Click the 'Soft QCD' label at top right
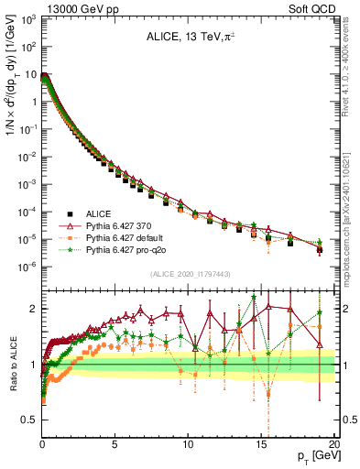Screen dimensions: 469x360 point(316,8)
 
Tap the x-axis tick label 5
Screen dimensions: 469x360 point(115,443)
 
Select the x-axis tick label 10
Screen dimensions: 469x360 point(189,443)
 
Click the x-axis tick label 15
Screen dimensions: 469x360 point(262,443)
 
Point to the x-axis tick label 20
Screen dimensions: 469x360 point(335,443)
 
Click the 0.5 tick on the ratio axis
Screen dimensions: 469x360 point(28,420)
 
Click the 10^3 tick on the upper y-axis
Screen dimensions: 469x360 point(28,18)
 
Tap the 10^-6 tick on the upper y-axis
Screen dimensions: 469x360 point(28,267)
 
